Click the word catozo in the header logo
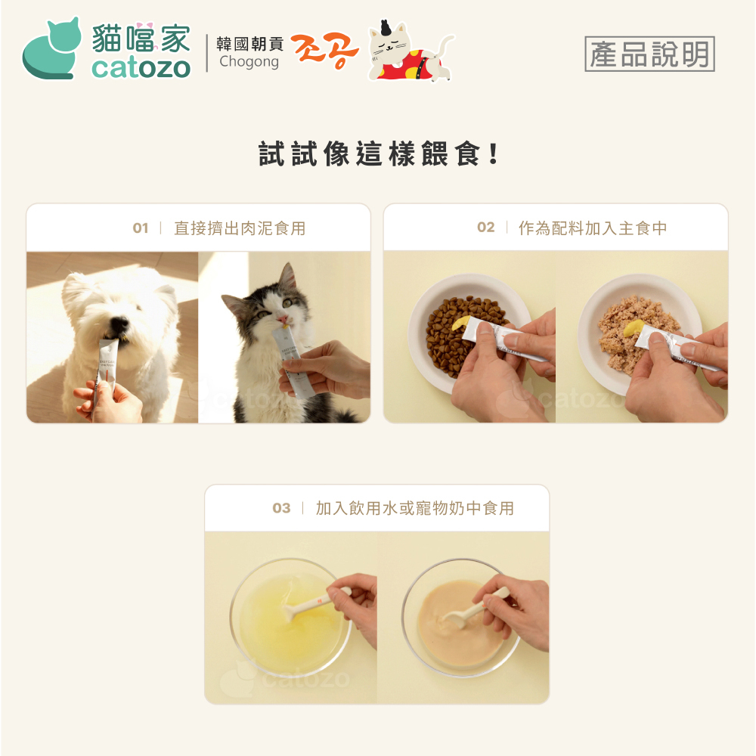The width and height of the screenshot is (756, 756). click(x=141, y=68)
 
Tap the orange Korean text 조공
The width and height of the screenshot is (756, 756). click(x=324, y=51)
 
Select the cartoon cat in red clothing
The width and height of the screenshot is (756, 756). click(x=410, y=51)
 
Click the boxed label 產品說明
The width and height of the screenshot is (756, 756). click(x=649, y=54)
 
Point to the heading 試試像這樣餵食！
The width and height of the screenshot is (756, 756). click(x=379, y=153)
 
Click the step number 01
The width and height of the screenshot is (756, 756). click(x=141, y=228)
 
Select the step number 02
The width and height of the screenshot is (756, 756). click(x=485, y=227)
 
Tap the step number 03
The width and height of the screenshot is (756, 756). click(x=281, y=508)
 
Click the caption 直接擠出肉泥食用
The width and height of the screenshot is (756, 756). click(x=240, y=228)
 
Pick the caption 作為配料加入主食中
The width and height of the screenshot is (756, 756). click(x=593, y=228)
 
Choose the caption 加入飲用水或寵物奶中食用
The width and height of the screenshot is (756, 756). click(x=414, y=508)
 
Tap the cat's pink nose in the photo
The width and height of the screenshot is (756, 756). click(x=282, y=319)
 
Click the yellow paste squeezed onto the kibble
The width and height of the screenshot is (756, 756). click(x=460, y=322)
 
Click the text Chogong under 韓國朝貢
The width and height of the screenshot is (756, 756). click(x=249, y=62)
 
